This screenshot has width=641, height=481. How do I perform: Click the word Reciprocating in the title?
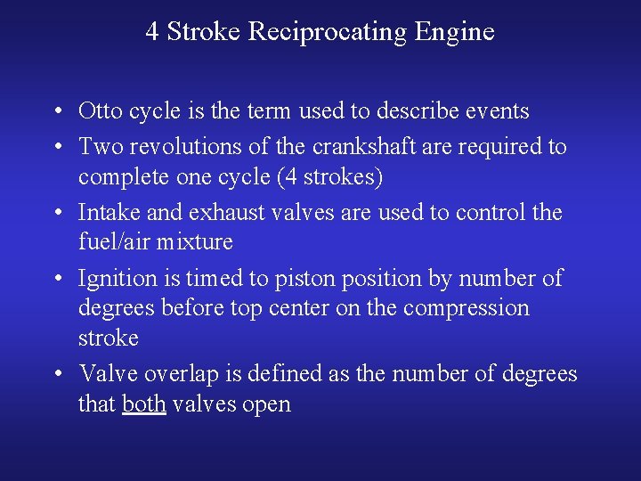(328, 33)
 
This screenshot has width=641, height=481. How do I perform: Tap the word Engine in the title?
(454, 33)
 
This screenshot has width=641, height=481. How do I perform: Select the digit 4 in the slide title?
(152, 33)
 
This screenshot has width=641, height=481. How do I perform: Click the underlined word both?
(144, 404)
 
